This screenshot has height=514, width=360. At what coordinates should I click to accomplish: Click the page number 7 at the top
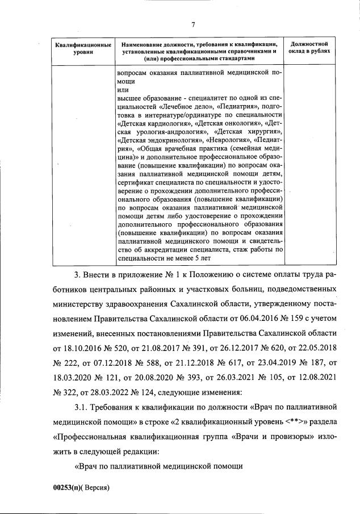(x=193, y=24)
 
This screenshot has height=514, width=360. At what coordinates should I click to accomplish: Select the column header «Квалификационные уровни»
(x=80, y=48)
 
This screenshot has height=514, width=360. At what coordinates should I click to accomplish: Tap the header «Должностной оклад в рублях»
(x=310, y=48)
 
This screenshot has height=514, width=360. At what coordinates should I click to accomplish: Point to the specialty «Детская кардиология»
(x=154, y=122)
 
